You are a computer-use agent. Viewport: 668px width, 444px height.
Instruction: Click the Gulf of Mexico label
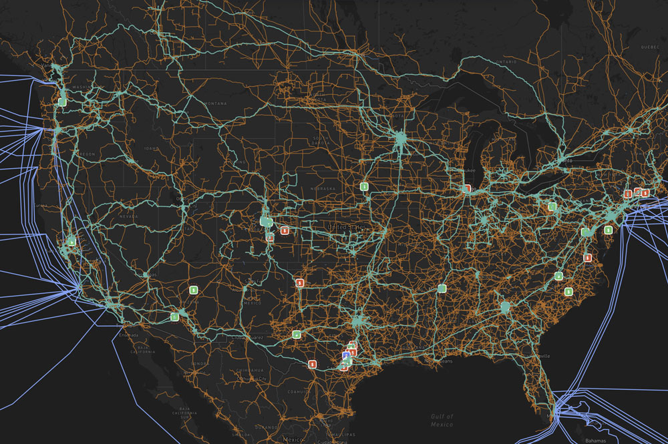pyautogui.click(x=442, y=419)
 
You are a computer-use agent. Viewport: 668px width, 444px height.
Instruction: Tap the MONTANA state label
pyautogui.click(x=216, y=103)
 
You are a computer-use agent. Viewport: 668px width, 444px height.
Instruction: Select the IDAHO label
pyautogui.click(x=151, y=148)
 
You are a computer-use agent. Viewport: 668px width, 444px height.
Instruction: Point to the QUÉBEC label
pyautogui.click(x=650, y=47)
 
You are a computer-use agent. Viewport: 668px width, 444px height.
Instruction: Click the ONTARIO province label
pyautogui.click(x=505, y=61)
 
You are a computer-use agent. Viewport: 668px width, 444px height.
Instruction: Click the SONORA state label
pyautogui.click(x=199, y=364)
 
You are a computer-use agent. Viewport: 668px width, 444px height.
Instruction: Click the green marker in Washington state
pyautogui.click(x=61, y=102)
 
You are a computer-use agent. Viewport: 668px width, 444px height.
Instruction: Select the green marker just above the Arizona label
pyautogui.click(x=193, y=290)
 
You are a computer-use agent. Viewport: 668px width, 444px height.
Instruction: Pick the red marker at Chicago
pyautogui.click(x=467, y=189)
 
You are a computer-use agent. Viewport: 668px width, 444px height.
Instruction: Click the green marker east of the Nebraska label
pyautogui.click(x=364, y=186)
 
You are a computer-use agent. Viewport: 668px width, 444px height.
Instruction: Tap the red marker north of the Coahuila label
pyautogui.click(x=312, y=364)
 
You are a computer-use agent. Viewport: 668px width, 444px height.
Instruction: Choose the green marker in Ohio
pyautogui.click(x=552, y=207)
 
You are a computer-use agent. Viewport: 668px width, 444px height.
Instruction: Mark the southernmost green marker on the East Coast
pyautogui.click(x=568, y=291)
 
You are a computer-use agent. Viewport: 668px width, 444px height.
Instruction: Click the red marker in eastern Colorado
pyautogui.click(x=285, y=230)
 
